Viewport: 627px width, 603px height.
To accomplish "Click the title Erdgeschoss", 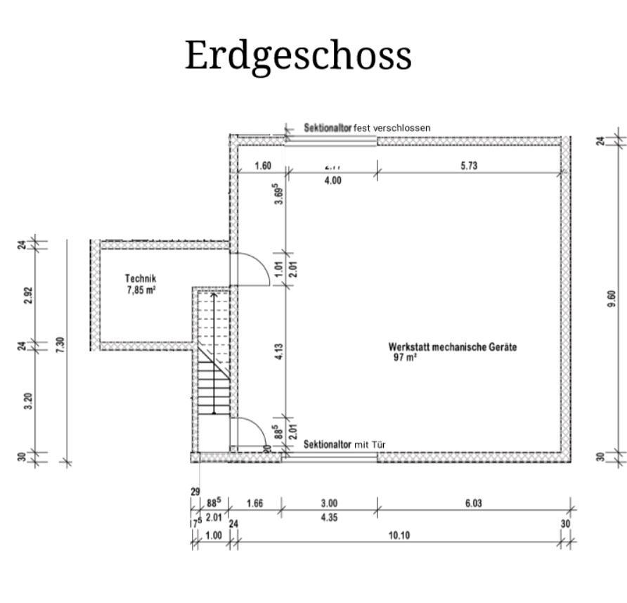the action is point(297,56).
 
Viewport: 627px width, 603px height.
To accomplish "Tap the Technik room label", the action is point(141,279).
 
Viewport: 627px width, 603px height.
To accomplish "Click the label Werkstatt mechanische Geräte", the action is point(453,347).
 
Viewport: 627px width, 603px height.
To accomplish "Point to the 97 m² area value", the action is point(406,357).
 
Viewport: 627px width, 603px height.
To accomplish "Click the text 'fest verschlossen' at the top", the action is point(392,128).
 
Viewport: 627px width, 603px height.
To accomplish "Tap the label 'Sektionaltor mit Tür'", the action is point(344,444).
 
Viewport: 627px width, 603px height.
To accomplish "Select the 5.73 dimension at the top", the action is point(470,167).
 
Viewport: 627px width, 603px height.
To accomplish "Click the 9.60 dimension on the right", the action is point(612,298).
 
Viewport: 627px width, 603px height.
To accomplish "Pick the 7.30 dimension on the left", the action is point(60,345).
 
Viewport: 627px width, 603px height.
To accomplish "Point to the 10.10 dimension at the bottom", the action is point(399,536).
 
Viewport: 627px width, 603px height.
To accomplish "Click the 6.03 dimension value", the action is point(472,503).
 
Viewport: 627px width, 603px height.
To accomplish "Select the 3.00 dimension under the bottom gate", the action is point(329,503).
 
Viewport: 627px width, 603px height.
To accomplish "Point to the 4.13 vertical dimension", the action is point(280,351).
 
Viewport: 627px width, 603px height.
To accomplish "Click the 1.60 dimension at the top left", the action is point(262,167).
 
